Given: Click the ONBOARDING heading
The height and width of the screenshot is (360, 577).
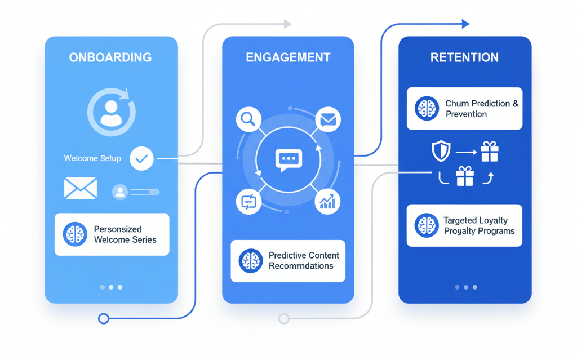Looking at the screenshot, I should [110, 57].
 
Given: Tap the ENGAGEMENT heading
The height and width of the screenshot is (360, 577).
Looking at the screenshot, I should [288, 57].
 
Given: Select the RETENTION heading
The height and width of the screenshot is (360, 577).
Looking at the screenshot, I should [464, 57].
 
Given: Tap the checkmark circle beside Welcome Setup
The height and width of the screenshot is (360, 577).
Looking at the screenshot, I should [141, 158].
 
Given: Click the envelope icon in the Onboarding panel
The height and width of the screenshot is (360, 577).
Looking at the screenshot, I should [81, 189].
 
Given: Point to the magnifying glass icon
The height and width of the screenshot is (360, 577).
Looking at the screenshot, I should [248, 119].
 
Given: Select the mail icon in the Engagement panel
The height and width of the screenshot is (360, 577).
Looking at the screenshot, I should [327, 119].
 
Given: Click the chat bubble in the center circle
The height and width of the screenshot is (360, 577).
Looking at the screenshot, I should [288, 159].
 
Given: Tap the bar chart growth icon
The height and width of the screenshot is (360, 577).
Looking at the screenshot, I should [327, 201].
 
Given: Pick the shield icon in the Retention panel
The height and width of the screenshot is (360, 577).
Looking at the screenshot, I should [441, 151].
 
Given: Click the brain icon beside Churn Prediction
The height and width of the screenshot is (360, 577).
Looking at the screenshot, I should [427, 109].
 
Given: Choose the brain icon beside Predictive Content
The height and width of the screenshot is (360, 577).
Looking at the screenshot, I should [250, 261].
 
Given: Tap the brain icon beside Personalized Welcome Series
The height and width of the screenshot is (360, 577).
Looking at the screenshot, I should [75, 234].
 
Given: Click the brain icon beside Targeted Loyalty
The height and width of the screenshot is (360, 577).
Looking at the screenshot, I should [427, 225].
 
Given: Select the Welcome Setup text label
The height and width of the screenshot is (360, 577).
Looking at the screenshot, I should [92, 158].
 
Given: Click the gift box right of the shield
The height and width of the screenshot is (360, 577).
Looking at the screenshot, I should [489, 152].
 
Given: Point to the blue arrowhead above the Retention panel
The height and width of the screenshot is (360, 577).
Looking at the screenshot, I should [465, 24].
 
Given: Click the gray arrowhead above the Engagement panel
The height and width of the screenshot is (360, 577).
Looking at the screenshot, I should [287, 24].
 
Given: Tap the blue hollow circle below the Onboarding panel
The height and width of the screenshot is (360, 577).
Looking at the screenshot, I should [103, 318].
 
